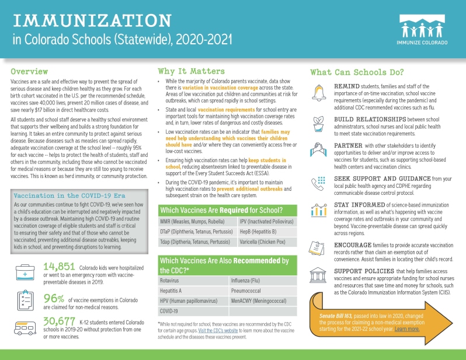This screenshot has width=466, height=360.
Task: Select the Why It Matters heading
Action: tap(191, 71)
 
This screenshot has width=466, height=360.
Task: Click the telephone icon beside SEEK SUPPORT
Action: tap(319, 184)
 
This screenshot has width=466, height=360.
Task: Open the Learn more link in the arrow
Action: tap(406, 329)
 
